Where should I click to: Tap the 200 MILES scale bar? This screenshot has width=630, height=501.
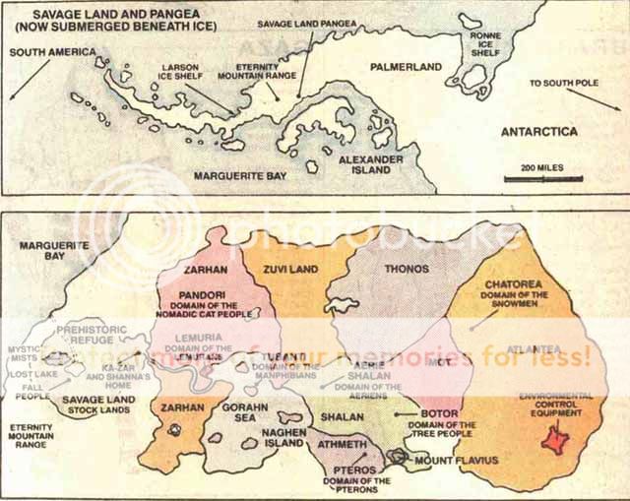coord(542,179)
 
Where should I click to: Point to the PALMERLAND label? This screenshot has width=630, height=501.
coord(409,67)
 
